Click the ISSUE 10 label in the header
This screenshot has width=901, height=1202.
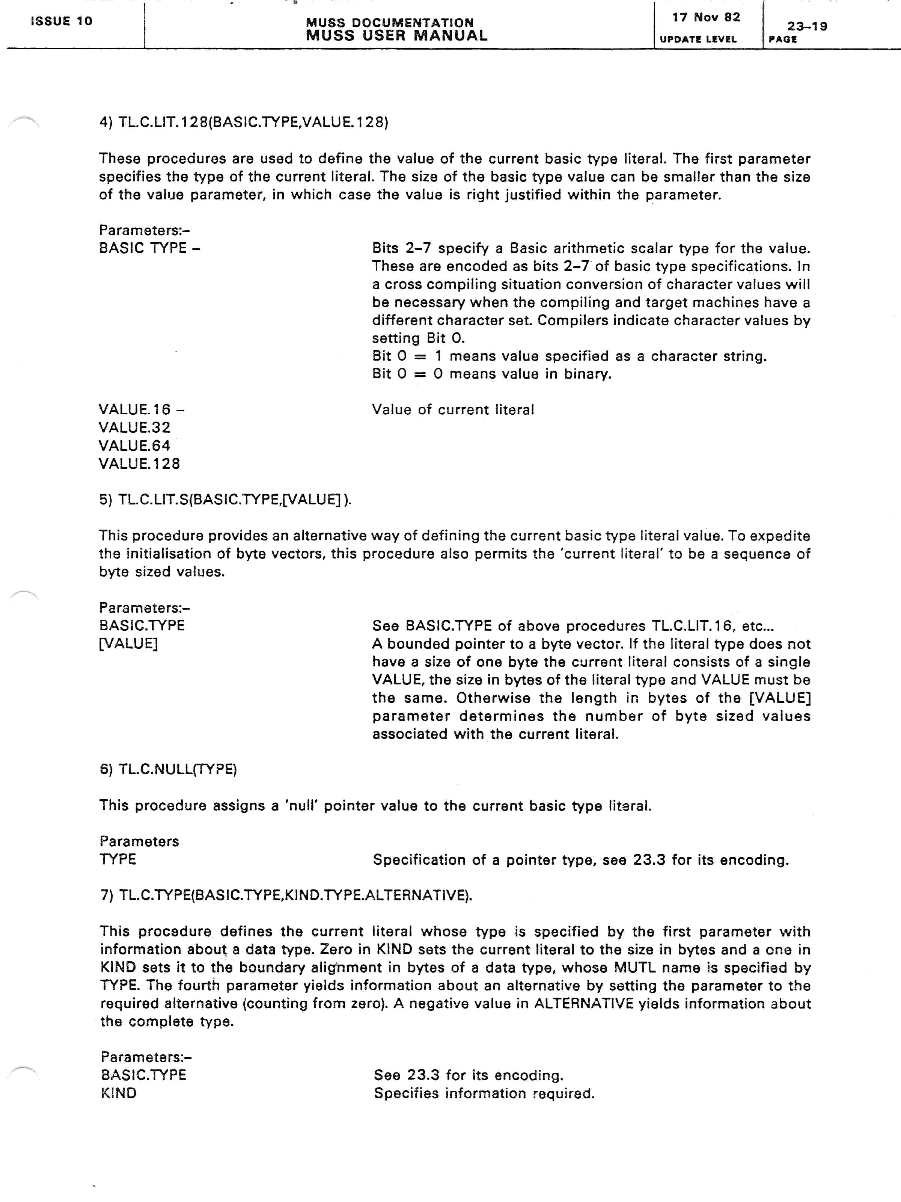click(x=61, y=21)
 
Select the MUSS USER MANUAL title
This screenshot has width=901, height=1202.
click(x=396, y=36)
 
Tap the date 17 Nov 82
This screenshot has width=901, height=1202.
click(x=705, y=17)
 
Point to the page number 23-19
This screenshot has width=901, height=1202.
click(x=807, y=26)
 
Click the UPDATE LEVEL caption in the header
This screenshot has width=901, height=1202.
click(x=698, y=39)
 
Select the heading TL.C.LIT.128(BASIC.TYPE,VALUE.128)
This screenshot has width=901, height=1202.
click(x=244, y=122)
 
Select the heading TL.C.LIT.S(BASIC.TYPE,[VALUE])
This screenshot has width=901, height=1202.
click(x=225, y=499)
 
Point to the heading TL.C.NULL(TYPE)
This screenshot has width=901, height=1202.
click(x=168, y=769)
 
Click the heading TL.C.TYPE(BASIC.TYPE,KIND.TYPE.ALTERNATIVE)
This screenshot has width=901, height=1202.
click(x=286, y=895)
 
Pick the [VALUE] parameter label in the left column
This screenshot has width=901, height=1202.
click(x=128, y=643)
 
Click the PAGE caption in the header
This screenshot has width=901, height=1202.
click(x=783, y=39)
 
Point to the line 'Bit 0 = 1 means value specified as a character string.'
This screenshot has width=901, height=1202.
click(x=569, y=356)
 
